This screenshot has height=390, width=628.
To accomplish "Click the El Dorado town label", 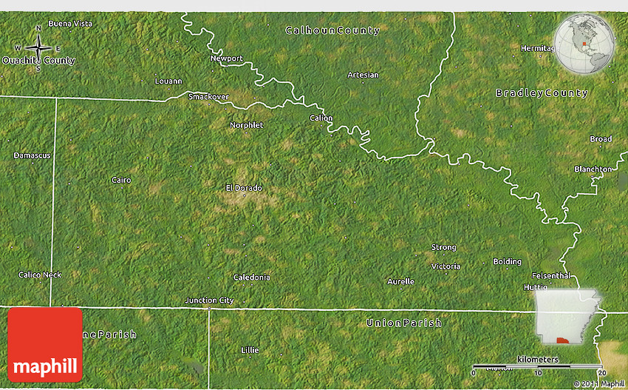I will click(244, 188).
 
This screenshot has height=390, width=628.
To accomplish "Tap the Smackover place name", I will click(209, 97).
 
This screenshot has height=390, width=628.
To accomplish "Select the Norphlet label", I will click(246, 125).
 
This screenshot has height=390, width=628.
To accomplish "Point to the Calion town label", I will click(321, 118).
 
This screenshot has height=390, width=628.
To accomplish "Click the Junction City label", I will click(209, 300).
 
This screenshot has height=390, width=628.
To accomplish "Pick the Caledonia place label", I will click(251, 278).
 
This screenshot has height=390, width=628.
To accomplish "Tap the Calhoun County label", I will click(332, 31).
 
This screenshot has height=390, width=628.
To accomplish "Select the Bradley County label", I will click(542, 93).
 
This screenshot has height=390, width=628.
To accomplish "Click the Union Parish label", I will click(404, 323).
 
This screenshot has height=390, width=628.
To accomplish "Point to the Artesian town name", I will click(363, 75).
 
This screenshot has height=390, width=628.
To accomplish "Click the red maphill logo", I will click(45, 344).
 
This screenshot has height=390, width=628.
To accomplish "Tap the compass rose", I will click(38, 49).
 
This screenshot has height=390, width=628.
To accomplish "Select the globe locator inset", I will click(584, 44).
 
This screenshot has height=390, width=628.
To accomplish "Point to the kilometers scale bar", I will click(537, 366).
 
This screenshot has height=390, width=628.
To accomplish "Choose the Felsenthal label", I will click(549, 275).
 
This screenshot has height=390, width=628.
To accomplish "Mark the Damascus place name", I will click(33, 155).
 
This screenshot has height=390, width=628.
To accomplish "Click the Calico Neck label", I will click(40, 275).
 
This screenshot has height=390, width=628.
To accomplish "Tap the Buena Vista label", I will click(70, 24).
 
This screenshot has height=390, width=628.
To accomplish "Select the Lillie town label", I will click(250, 349).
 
